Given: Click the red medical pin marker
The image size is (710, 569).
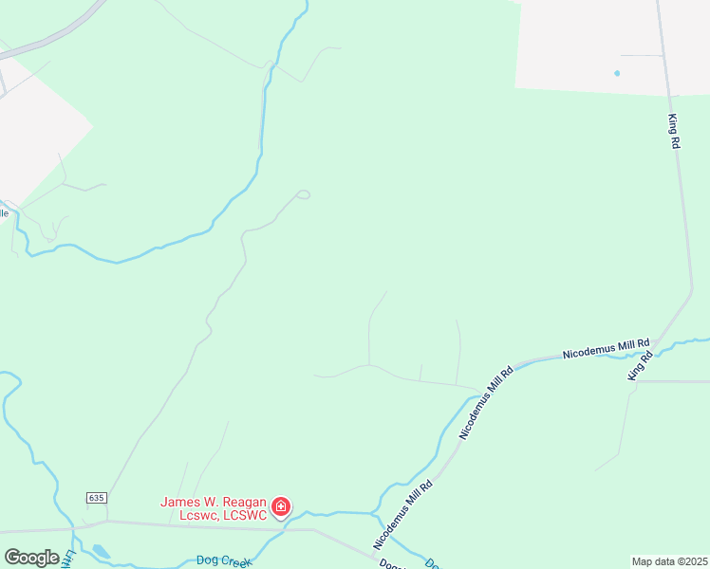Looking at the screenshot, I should tap(281, 507).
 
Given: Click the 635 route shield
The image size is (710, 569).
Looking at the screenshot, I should tap(96, 498).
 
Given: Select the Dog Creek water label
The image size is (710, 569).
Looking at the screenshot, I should tap(222, 560).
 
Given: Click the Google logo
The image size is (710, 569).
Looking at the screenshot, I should tap(31, 558).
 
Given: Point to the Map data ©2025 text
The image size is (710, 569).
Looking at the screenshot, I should tap(670, 561).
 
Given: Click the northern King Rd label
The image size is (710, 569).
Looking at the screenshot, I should tap(674, 130).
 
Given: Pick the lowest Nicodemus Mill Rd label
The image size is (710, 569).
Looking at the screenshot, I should tap(403, 513).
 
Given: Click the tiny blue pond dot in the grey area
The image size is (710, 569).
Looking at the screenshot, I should tap(618, 73).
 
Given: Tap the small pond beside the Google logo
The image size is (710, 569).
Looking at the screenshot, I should tap(100, 551).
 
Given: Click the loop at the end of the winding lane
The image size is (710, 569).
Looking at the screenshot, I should tap(303, 194).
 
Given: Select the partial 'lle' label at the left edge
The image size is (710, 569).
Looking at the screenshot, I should tap(4, 213).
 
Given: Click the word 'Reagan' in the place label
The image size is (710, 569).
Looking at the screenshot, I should tap(235, 502).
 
